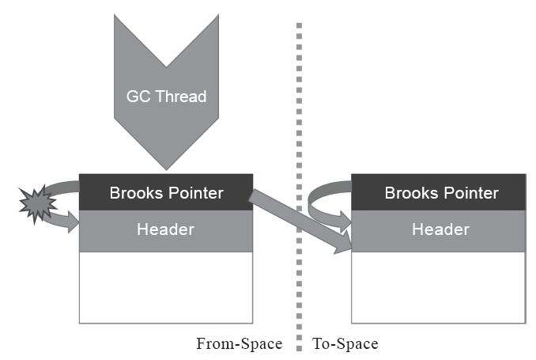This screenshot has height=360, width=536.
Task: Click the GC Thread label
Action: click(x=166, y=97)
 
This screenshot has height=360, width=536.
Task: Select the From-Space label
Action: click(x=239, y=344)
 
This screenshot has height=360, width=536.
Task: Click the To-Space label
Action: click(x=345, y=344)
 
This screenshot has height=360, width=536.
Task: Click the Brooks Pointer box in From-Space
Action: click(x=166, y=192)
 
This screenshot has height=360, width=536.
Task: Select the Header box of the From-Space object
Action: click(x=166, y=230)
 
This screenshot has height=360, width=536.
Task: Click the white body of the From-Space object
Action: click(x=166, y=286)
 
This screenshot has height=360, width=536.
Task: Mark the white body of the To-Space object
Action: click(x=438, y=286)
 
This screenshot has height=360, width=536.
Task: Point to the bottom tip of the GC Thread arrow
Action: click(x=166, y=167)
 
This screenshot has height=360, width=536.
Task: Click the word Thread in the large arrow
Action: click(x=179, y=97)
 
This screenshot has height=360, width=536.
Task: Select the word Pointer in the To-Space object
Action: click(x=472, y=193)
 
